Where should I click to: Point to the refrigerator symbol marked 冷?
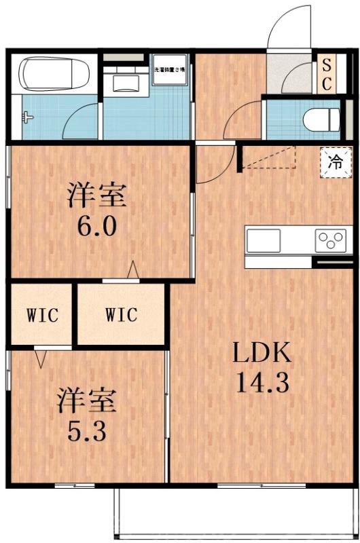pos(334,162)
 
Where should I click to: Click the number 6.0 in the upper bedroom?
pos(97,225)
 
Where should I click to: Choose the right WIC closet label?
pos(121,315)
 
